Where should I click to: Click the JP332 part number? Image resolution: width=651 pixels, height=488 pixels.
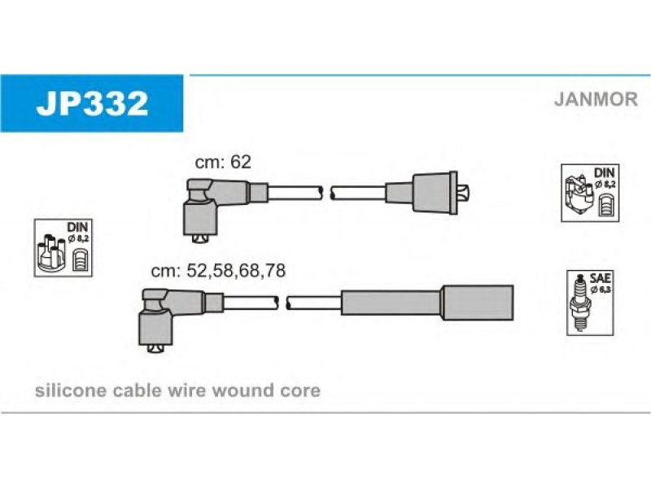91,103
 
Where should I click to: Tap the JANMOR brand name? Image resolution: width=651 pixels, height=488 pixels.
596,99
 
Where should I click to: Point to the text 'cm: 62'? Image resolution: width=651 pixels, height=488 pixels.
222,162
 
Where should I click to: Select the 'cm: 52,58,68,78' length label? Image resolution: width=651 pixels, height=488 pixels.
217,271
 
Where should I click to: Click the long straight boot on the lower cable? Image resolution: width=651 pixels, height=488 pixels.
426,302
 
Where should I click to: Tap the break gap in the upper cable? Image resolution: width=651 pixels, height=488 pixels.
327,193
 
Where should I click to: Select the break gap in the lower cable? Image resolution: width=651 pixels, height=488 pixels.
284,303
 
